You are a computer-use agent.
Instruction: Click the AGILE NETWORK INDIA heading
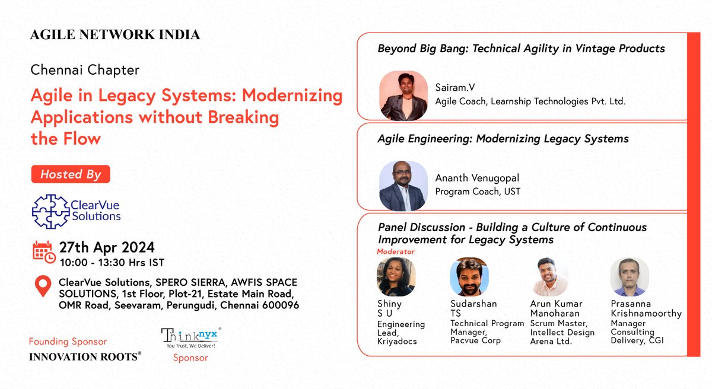(x=115, y=35)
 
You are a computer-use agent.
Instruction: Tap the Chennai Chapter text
(x=85, y=70)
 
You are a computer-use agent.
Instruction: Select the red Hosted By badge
(x=71, y=174)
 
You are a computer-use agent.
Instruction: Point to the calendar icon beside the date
(x=43, y=252)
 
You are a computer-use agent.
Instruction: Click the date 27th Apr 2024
(x=106, y=247)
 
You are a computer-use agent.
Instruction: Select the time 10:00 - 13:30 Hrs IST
(x=112, y=263)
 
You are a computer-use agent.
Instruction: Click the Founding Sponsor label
(x=68, y=342)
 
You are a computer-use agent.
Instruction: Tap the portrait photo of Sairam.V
(x=403, y=95)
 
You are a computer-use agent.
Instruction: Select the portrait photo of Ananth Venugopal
(x=403, y=186)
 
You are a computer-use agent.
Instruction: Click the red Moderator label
(x=396, y=251)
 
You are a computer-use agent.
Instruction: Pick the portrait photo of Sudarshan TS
(x=469, y=277)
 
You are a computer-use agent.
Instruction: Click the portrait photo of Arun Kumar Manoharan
(x=549, y=277)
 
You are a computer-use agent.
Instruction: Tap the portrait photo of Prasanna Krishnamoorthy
(x=630, y=277)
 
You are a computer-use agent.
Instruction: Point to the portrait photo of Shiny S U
(x=396, y=277)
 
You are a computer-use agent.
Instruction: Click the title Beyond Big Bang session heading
(x=521, y=49)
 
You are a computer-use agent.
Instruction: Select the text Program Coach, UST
(x=478, y=192)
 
